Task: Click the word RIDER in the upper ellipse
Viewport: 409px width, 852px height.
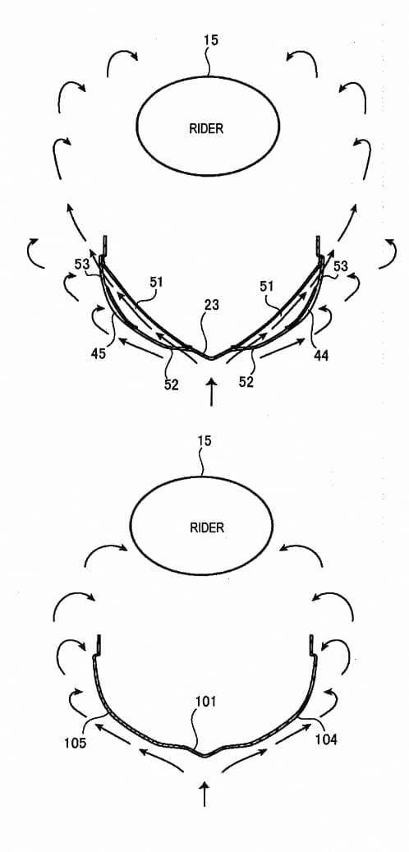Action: pyautogui.click(x=206, y=129)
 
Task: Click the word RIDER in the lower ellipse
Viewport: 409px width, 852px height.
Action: pyautogui.click(x=207, y=527)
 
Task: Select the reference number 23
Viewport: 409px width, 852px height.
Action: pyautogui.click(x=211, y=306)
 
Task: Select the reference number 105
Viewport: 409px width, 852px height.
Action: pyautogui.click(x=75, y=743)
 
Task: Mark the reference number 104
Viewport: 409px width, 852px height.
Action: pyautogui.click(x=325, y=739)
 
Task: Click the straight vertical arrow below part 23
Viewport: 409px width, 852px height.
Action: pyautogui.click(x=212, y=392)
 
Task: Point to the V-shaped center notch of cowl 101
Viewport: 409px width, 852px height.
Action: pyautogui.click(x=204, y=755)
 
